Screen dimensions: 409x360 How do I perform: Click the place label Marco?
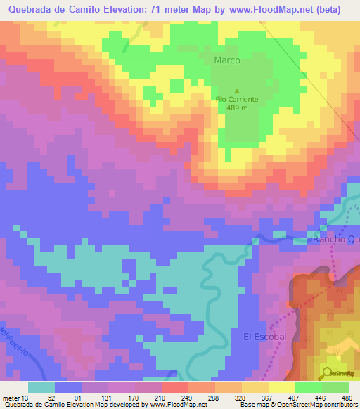click(227, 60)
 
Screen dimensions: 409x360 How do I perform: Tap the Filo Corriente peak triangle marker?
click(236, 91)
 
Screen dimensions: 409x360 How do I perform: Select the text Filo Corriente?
click(236, 99)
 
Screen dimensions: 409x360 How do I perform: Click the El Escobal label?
click(264, 337)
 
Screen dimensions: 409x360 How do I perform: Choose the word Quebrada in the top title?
click(34, 10)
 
